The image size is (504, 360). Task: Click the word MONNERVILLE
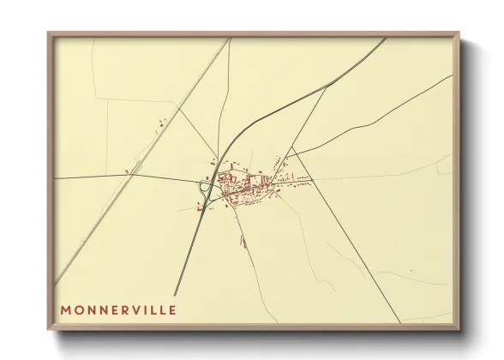118,309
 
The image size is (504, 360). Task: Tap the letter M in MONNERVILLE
66,309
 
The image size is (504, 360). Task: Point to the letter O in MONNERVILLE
80,309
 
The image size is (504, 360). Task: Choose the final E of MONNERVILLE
172,309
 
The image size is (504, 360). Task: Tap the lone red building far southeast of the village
411,271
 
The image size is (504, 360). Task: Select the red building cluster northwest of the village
160,125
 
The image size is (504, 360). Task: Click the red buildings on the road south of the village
243,242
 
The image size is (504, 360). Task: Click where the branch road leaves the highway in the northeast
328,85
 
